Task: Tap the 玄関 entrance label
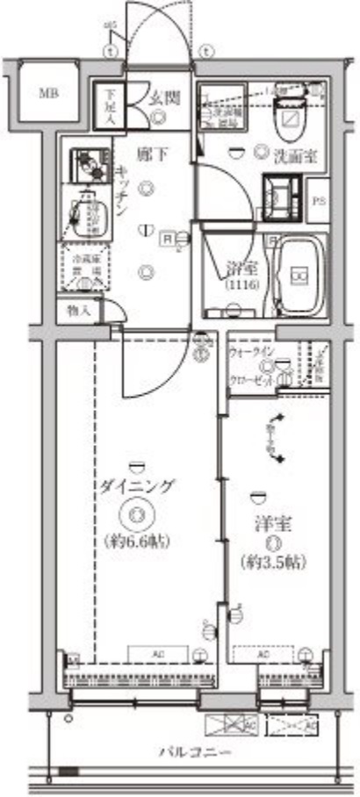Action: pyautogui.click(x=163, y=99)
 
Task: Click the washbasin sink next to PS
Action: pyautogui.click(x=283, y=196)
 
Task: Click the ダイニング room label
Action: pyautogui.click(x=137, y=485)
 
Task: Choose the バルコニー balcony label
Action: pyautogui.click(x=195, y=752)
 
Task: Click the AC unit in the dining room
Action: pyautogui.click(x=158, y=655)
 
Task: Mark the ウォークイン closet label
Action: pyautogui.click(x=251, y=354)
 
